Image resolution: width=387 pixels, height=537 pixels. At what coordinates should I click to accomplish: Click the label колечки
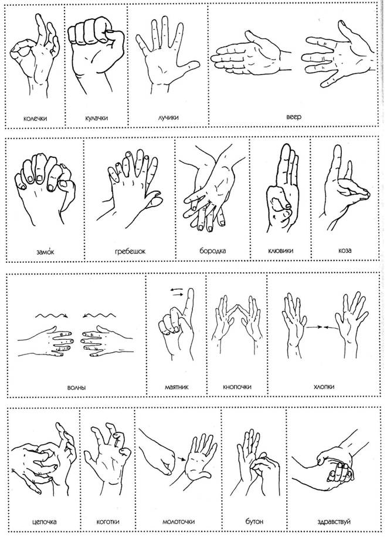35,119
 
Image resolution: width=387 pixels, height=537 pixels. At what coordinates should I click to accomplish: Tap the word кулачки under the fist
97,118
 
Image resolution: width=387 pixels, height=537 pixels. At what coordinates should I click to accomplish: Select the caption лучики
168,117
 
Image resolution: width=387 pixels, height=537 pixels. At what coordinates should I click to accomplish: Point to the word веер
294,117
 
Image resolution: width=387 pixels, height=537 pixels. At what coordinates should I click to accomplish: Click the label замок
45,252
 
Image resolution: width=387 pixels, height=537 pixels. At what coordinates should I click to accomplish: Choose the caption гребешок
130,251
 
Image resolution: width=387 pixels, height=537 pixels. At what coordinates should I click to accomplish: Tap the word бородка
212,251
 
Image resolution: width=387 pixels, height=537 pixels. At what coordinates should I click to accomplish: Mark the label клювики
281,251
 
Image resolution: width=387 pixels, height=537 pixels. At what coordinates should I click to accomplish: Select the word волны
76,388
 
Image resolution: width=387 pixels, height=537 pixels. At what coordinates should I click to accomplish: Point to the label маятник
176,387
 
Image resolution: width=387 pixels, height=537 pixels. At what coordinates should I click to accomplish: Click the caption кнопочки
237,387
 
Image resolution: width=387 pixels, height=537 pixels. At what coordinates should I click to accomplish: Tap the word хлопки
324,387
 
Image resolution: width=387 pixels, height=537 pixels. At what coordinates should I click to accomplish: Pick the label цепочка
44,522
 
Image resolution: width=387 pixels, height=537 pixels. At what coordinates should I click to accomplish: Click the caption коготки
108,522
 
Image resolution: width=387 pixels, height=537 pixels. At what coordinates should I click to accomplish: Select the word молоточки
178,522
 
